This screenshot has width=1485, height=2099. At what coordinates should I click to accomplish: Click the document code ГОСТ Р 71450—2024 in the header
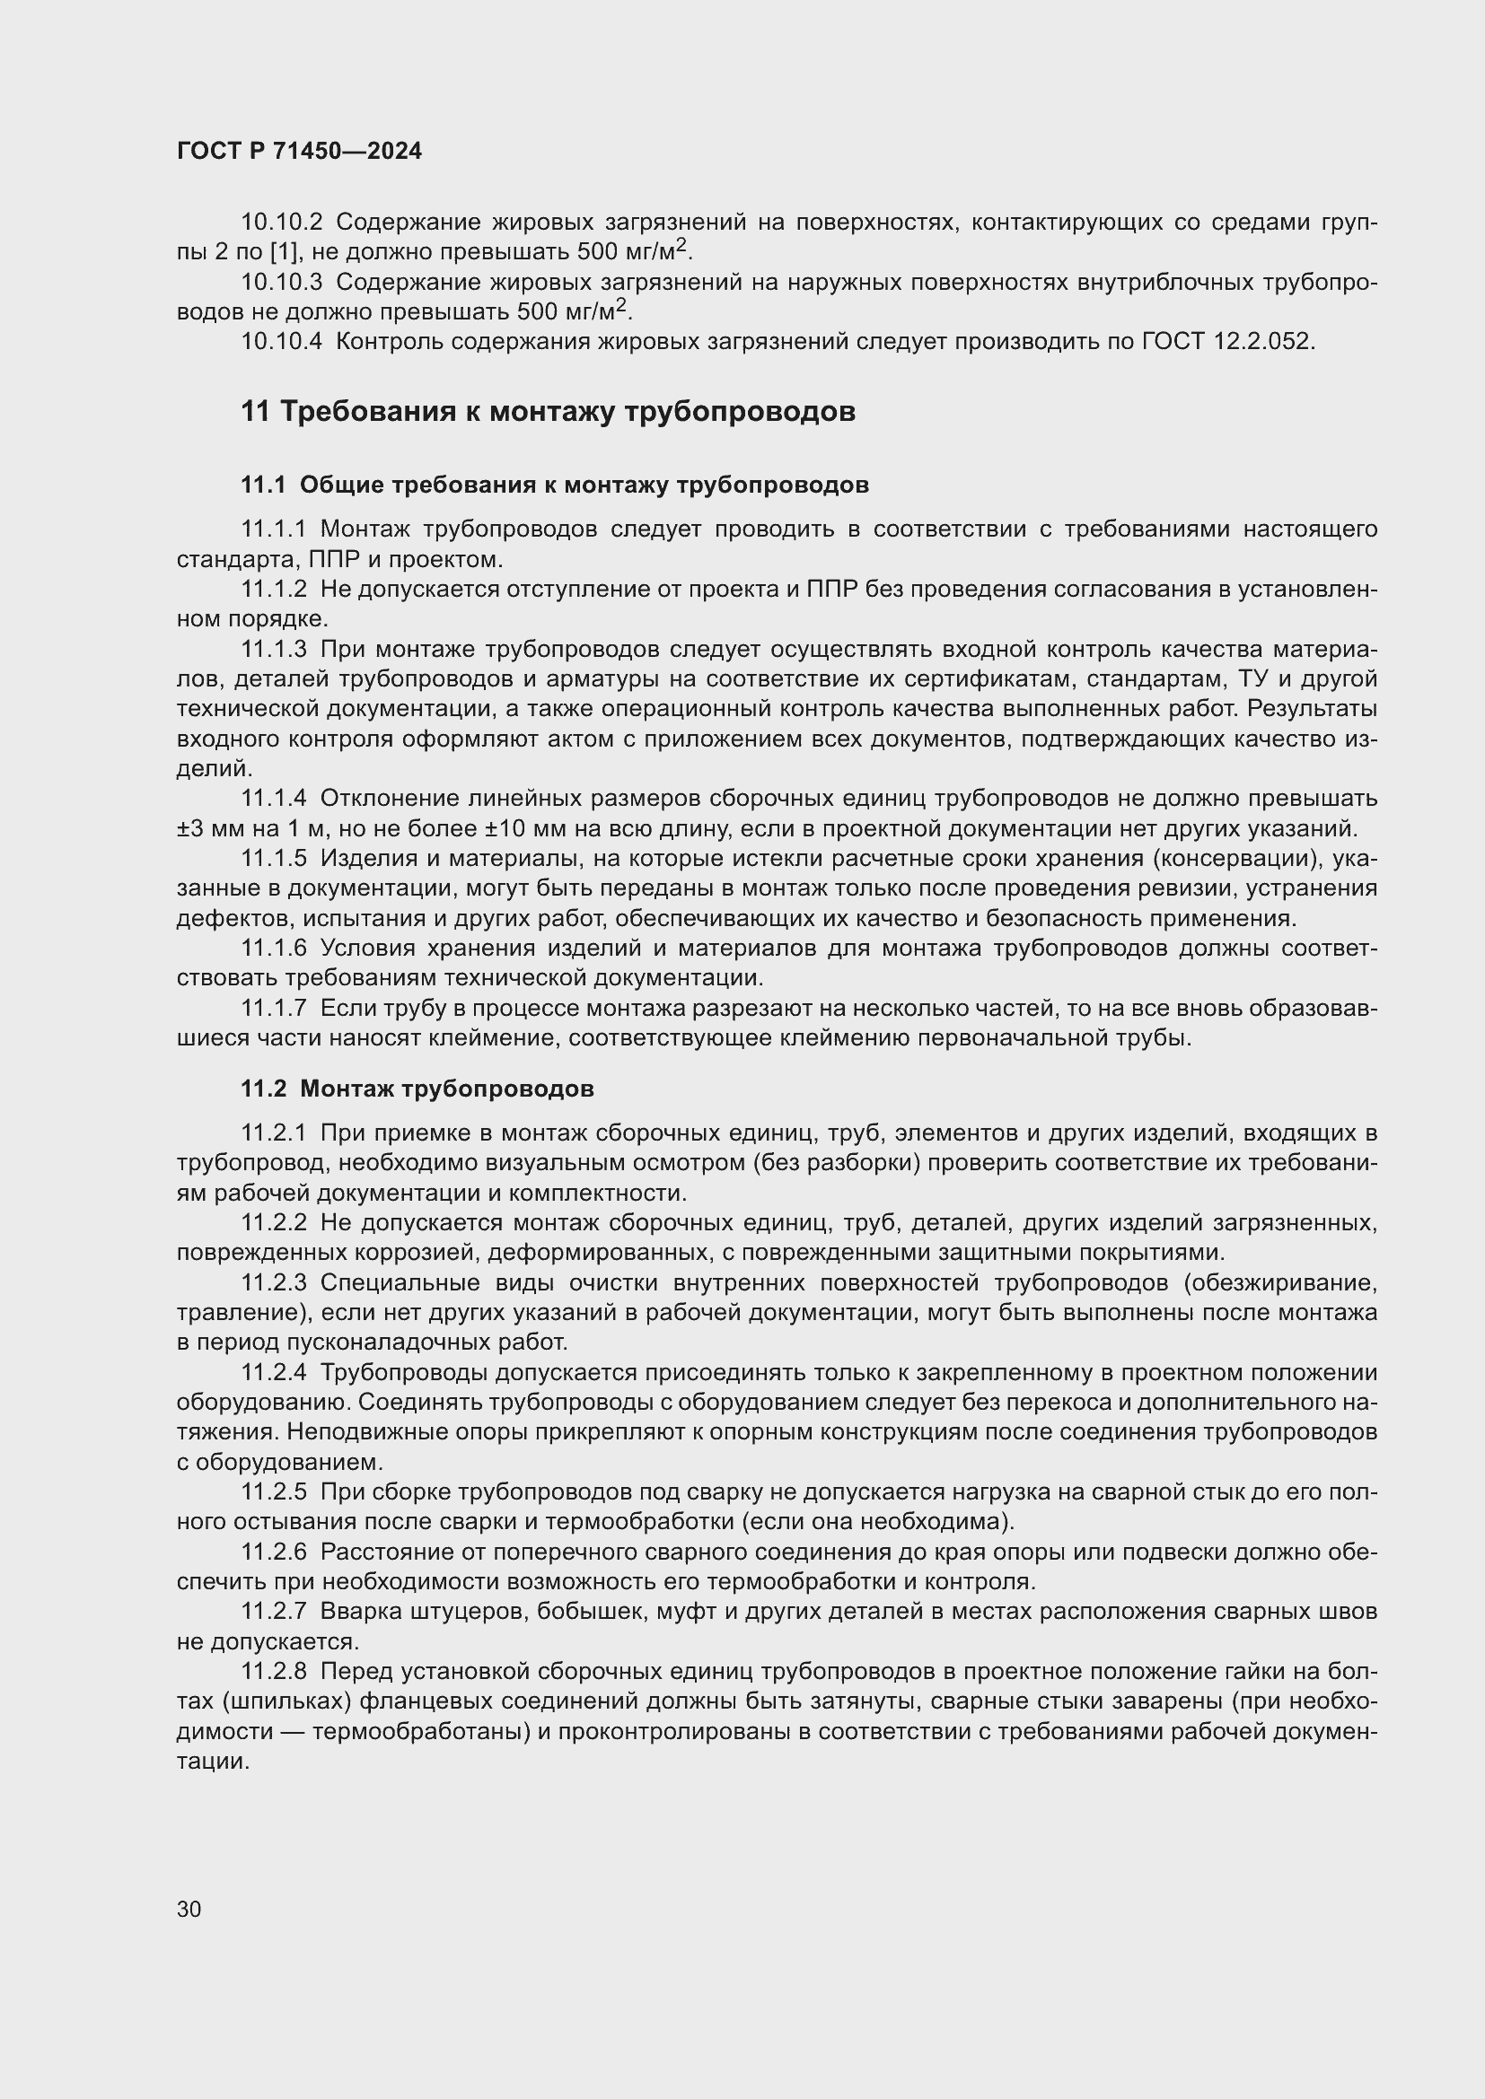299,152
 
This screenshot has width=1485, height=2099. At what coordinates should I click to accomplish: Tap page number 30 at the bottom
189,1909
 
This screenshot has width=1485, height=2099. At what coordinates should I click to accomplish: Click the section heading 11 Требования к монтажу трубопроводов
548,412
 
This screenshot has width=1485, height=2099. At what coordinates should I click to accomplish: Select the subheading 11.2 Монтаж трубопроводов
417,1089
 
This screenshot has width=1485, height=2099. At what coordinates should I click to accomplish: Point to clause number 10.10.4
282,342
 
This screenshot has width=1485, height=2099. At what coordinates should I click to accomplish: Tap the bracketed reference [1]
279,252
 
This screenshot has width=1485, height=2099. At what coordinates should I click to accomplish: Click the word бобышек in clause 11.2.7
579,1612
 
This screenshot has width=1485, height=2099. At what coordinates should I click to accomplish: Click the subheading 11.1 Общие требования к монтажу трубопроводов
555,485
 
